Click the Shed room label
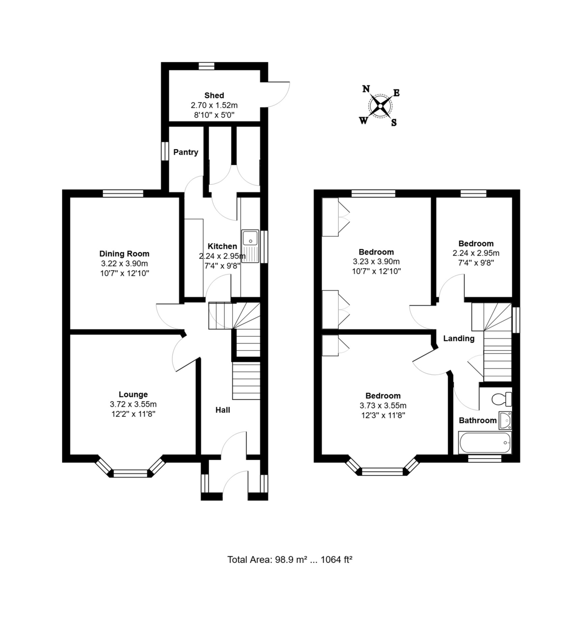point(214,96)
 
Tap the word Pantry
point(186,152)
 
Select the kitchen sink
point(251,246)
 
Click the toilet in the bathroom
point(502,400)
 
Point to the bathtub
point(485,443)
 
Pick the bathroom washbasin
point(505,421)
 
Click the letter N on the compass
point(367,89)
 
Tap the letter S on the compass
point(394,122)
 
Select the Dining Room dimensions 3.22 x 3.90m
point(124,264)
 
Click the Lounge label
point(133,394)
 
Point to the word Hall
point(223,410)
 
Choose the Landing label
point(459,339)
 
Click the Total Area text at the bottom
point(290,560)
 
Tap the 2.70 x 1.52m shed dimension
point(214,106)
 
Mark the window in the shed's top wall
point(206,66)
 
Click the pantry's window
point(165,151)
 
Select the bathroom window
point(484,458)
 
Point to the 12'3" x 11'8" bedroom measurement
point(383,416)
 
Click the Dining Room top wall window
point(123,193)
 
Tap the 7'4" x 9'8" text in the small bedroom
point(476,263)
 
